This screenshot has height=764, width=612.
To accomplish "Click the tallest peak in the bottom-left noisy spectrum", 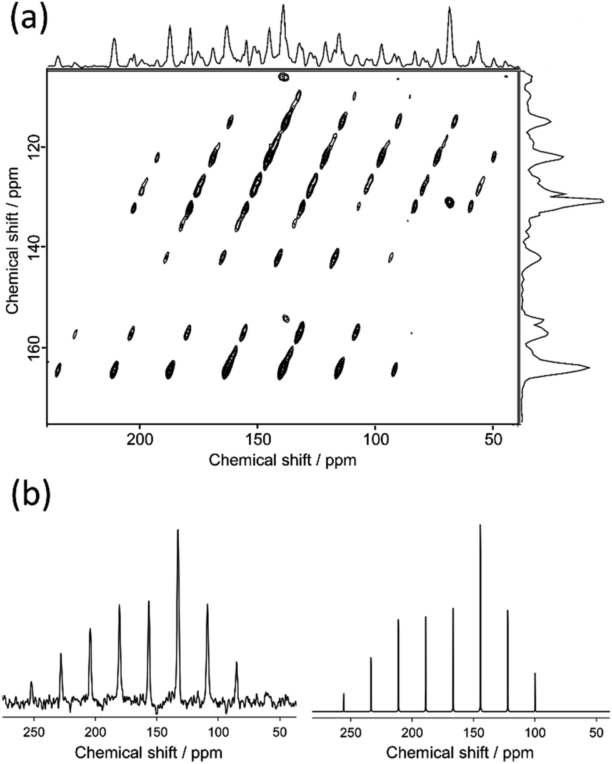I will [x=178, y=531].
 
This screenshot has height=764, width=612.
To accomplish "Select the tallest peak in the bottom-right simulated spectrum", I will [x=480, y=526].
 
